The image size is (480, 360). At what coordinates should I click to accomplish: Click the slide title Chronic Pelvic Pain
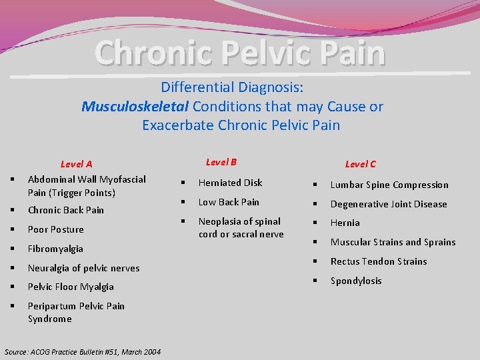[240, 53]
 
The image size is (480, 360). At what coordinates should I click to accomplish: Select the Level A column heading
[77, 164]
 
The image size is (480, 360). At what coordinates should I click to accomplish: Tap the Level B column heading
[221, 162]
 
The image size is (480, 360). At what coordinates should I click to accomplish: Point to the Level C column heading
[360, 164]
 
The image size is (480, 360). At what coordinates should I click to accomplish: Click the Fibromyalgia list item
[55, 249]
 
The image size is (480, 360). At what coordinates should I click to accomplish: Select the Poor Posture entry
[56, 229]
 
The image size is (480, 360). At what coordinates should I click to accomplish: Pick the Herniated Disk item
[231, 183]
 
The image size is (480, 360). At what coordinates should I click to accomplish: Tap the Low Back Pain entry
[229, 202]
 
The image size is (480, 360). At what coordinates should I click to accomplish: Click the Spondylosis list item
[356, 281]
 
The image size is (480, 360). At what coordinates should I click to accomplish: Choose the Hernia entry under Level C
[345, 223]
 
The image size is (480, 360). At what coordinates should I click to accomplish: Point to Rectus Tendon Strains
[379, 261]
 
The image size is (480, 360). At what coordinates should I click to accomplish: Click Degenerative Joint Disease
[389, 204]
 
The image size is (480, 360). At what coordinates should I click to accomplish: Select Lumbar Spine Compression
[389, 185]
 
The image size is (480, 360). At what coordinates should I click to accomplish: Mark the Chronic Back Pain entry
[66, 210]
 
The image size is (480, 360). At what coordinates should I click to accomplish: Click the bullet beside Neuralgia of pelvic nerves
[13, 268]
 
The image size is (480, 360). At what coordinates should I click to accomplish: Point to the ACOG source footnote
[83, 351]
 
